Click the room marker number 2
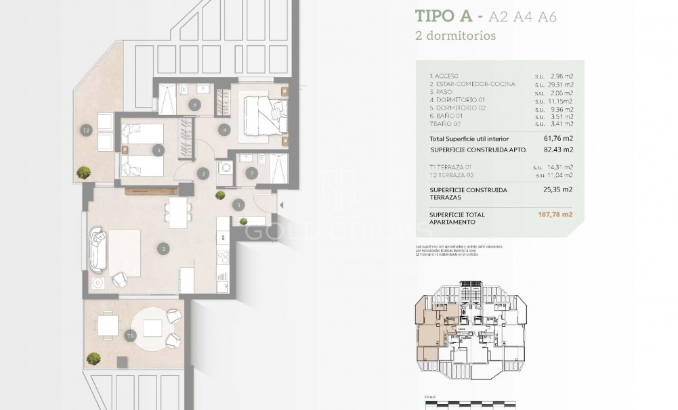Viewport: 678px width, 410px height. (163, 248)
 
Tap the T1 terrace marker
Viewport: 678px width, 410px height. (129, 334)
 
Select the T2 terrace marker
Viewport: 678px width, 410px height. (86, 131)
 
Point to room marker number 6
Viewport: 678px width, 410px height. (194, 105)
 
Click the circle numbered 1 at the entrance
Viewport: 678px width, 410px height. (238, 204)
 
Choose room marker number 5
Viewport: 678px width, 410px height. (157, 150)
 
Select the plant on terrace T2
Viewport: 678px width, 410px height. (85, 172)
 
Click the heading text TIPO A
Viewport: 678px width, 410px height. (445, 16)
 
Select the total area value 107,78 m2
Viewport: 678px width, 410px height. (555, 215)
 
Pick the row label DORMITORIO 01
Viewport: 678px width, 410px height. (454, 100)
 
